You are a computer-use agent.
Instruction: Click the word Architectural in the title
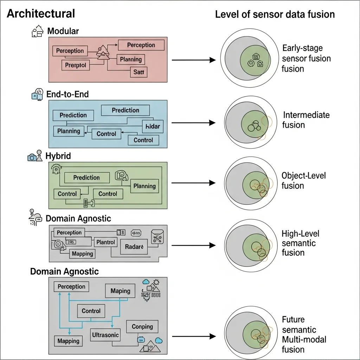[41, 14]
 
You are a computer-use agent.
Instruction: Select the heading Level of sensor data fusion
[275, 14]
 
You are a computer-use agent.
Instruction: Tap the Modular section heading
[63, 31]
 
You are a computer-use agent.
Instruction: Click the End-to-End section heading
[67, 94]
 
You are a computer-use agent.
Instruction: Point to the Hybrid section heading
[58, 156]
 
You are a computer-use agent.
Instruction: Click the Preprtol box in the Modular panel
[76, 65]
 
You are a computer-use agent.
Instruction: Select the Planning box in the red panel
[131, 59]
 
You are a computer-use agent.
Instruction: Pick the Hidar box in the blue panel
[152, 126]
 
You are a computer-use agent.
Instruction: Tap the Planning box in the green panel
[144, 186]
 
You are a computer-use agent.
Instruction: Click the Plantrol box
[105, 242]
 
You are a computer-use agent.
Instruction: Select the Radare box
[134, 247]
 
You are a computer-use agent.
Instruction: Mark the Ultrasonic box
[105, 335]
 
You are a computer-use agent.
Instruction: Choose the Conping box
[142, 327]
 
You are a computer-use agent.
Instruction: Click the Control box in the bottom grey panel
[91, 311]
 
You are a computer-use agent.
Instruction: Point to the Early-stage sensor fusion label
[306, 58]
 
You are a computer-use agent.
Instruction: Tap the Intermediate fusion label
[306, 120]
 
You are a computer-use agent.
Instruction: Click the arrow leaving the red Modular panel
[193, 60]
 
